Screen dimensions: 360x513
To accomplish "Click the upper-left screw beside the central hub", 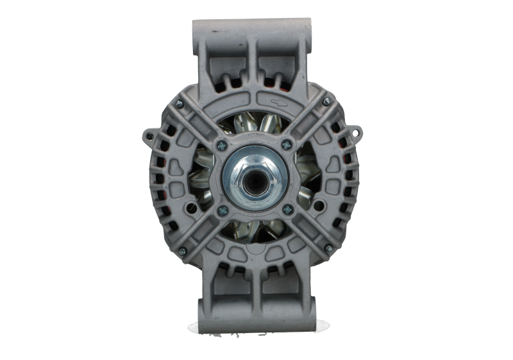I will pos(221,144).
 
